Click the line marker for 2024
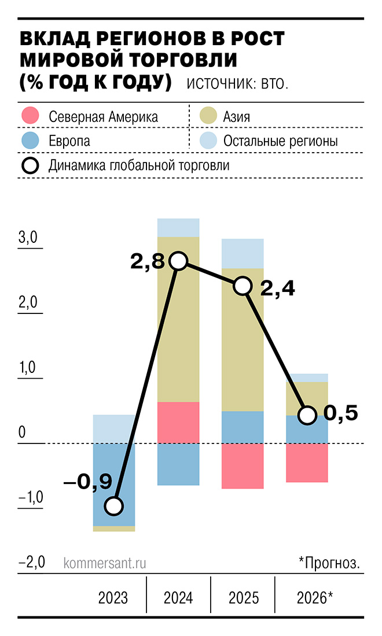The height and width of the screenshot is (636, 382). (x=178, y=261)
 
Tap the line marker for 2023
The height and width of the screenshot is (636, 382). (x=114, y=506)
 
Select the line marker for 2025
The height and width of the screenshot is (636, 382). (x=243, y=286)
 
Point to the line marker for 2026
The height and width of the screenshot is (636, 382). (x=308, y=415)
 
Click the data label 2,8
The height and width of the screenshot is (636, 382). (x=149, y=262)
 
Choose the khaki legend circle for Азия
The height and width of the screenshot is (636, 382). (x=208, y=116)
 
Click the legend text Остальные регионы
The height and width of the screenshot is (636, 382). (x=281, y=141)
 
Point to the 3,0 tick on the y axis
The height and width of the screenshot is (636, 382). (x=27, y=238)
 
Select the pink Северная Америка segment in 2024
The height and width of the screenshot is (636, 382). (x=178, y=422)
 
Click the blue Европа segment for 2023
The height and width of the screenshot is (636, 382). (x=114, y=483)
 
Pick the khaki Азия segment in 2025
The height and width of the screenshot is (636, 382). (x=243, y=341)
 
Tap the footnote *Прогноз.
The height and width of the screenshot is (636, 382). (x=329, y=563)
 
